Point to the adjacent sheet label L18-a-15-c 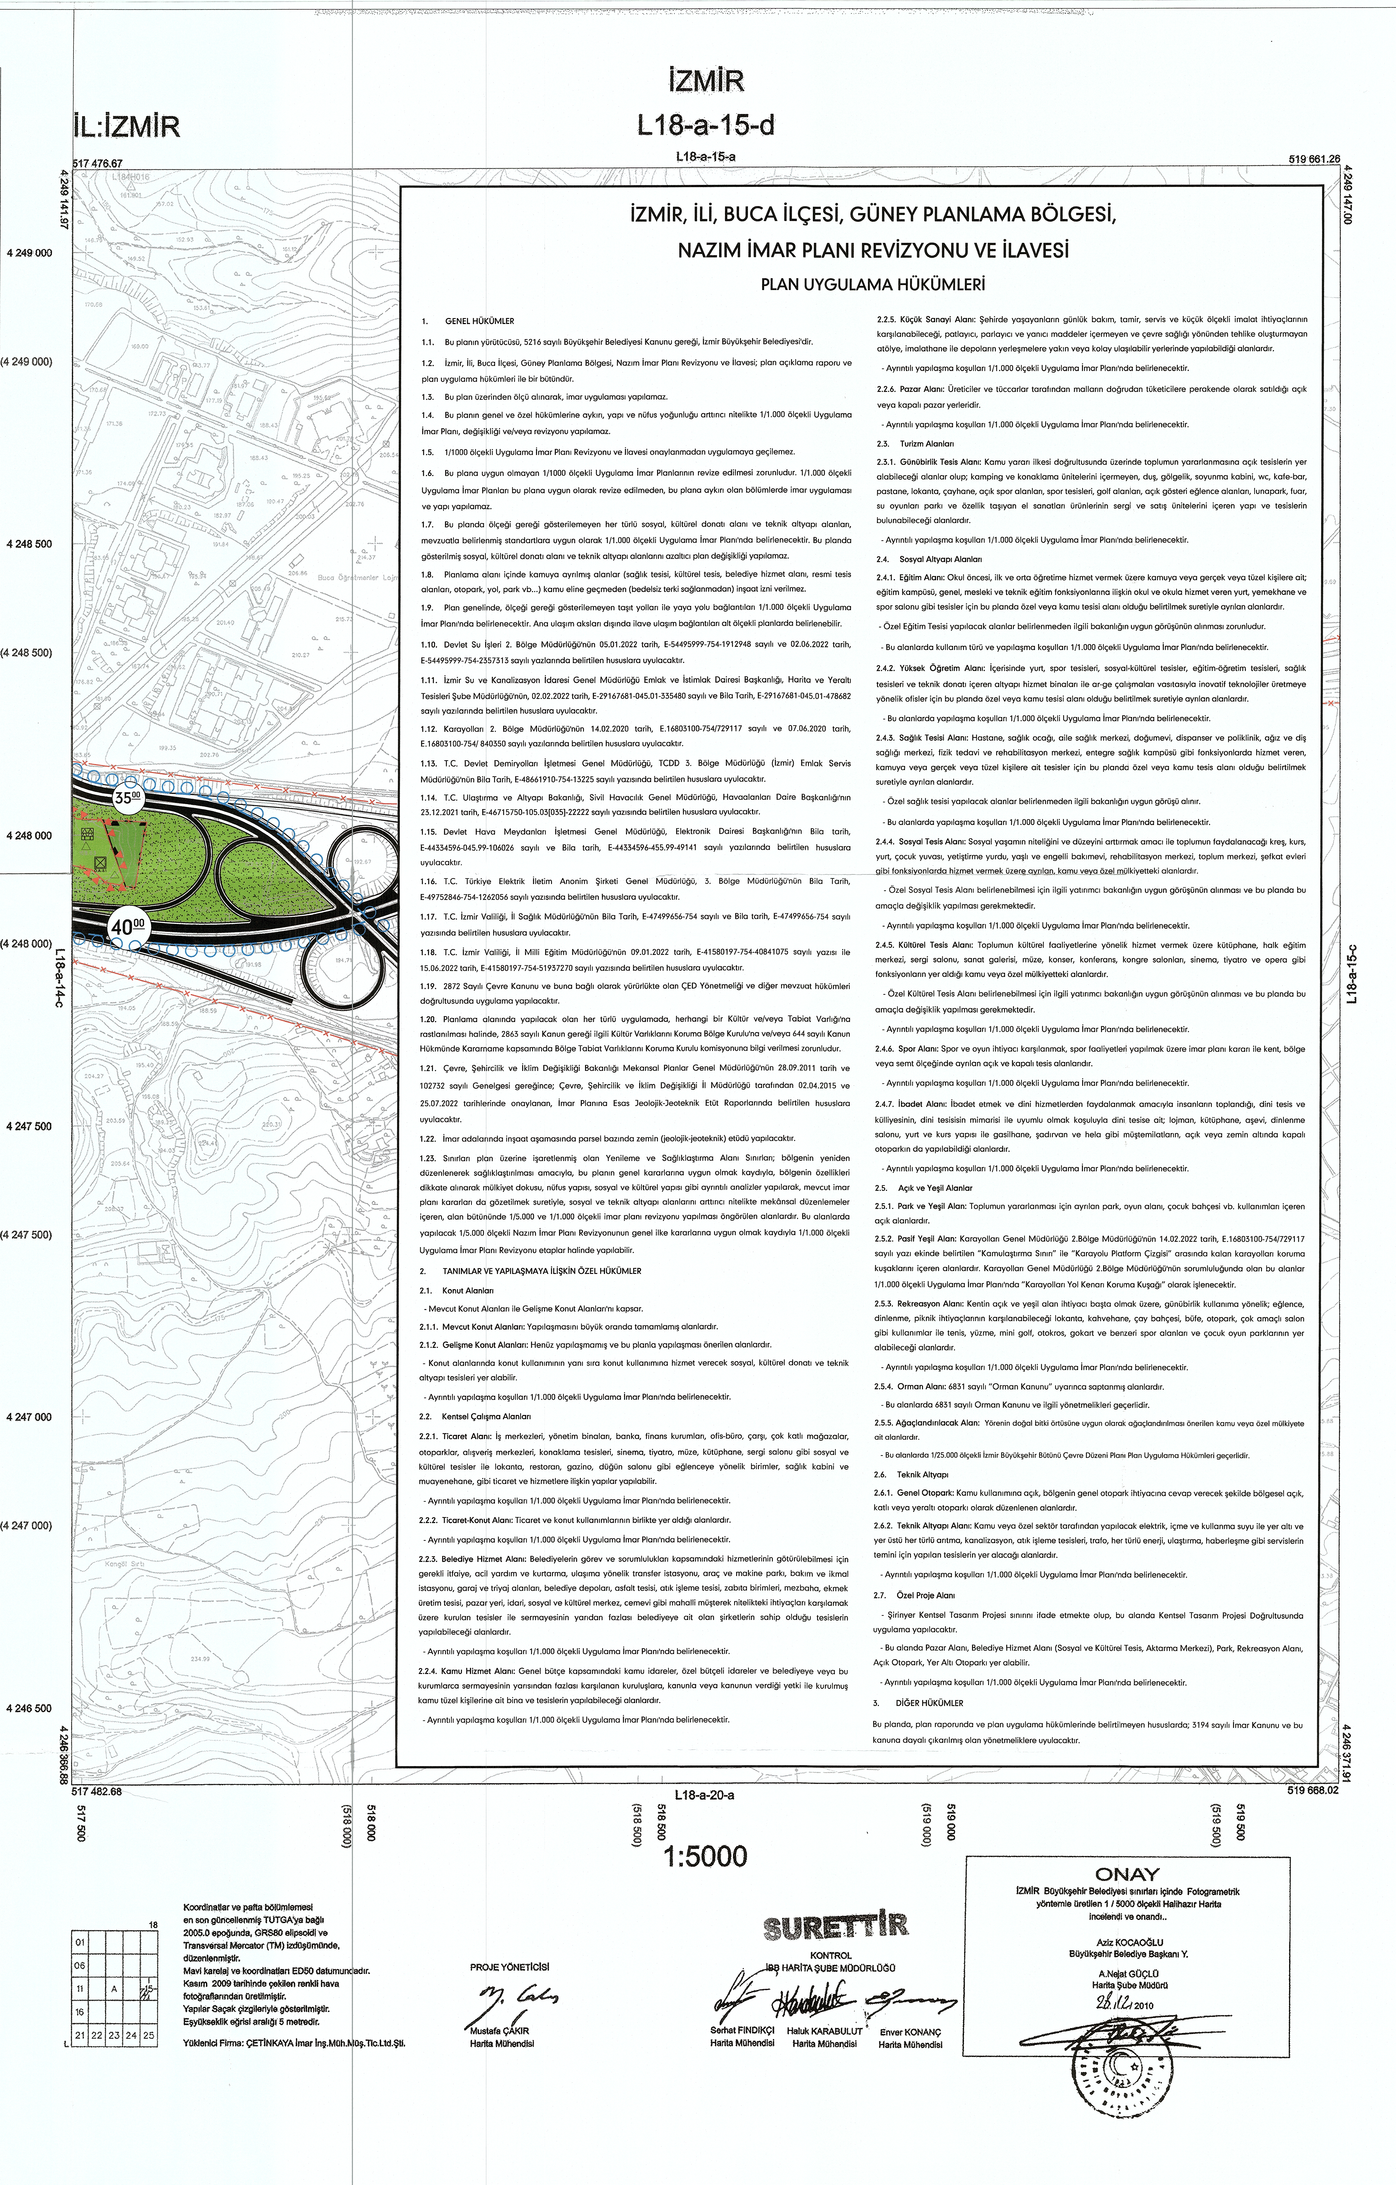(1351, 975)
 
